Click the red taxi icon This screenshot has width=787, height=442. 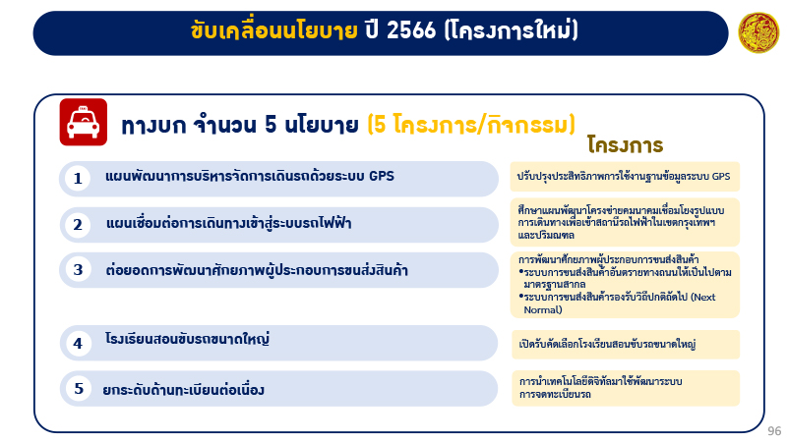tap(84, 123)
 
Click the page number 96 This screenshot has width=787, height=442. tap(774, 430)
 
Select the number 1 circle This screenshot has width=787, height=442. tap(78, 178)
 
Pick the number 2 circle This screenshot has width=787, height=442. tap(78, 225)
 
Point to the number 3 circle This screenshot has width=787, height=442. tap(78, 268)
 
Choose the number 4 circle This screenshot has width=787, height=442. tap(78, 343)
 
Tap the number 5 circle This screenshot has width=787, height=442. tap(78, 388)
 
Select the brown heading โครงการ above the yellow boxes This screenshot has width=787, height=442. tap(625, 146)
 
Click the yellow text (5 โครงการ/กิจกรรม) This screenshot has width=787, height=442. tap(470, 125)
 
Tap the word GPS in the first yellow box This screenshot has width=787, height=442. tap(721, 177)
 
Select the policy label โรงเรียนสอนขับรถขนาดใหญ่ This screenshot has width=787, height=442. tap(187, 340)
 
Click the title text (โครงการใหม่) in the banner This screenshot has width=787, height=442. tap(511, 32)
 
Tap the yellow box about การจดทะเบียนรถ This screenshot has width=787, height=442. tap(625, 388)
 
